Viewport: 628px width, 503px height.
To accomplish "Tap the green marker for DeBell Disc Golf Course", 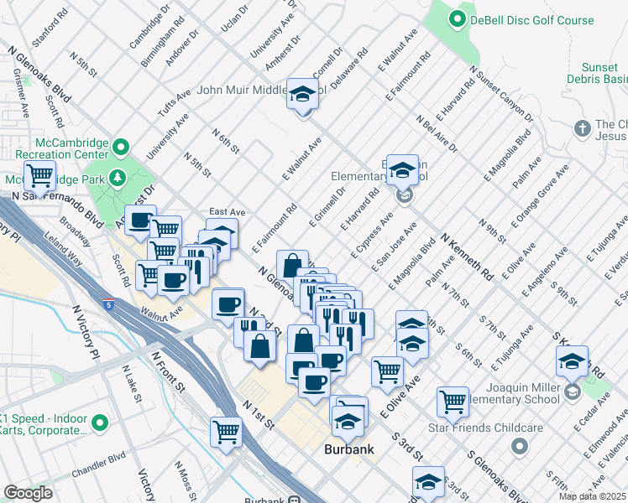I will pos(458,18).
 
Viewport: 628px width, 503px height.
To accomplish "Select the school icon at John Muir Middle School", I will pos(301,94).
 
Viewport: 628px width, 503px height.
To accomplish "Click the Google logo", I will pos(28,493).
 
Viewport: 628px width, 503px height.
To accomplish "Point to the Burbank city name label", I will pos(348,449).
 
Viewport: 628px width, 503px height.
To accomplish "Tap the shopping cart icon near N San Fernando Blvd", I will pos(39,176).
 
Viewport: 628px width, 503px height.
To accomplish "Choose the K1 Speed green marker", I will pos(99,422).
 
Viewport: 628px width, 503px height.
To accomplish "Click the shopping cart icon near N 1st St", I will pos(226,433).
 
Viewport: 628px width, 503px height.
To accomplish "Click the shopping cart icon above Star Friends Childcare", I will pos(453,402).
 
